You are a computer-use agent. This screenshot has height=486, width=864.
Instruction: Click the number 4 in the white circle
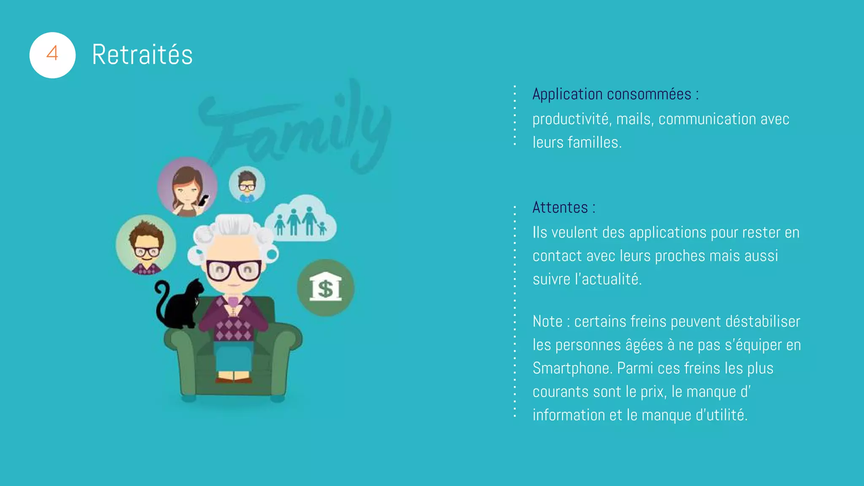[x=52, y=54]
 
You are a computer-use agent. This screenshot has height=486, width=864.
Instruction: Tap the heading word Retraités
[x=142, y=55]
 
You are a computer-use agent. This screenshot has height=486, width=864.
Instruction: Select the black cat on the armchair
[x=181, y=305]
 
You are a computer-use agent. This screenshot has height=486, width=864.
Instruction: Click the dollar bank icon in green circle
[x=325, y=288]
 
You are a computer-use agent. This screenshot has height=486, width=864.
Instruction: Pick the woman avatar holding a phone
[x=188, y=187]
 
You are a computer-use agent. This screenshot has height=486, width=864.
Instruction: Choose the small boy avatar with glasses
[x=247, y=184]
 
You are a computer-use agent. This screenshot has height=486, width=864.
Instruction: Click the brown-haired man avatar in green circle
[x=146, y=245]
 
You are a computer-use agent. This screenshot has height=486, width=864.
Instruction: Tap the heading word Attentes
[x=560, y=208]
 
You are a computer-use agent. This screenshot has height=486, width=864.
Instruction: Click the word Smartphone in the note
[x=571, y=368]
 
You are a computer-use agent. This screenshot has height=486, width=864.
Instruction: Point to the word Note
[x=547, y=321]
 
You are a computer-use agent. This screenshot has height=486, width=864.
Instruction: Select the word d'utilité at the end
[x=721, y=415]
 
